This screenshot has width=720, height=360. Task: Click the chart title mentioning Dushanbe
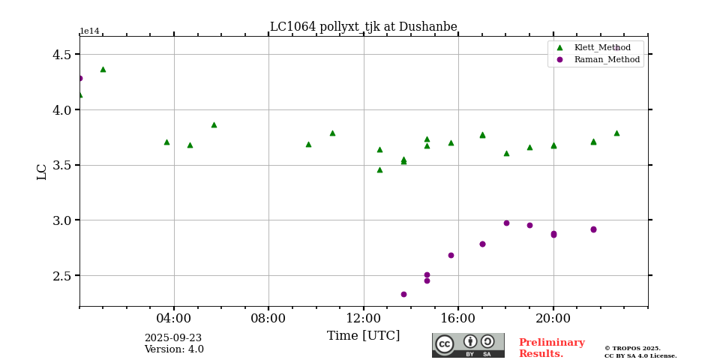pyautogui.click(x=363, y=27)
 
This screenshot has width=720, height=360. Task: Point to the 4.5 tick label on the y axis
pyautogui.click(x=62, y=55)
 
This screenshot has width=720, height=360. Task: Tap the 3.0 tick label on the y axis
pyautogui.click(x=62, y=220)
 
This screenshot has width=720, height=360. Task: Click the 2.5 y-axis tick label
pyautogui.click(x=62, y=276)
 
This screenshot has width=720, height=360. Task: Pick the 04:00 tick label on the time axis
pyautogui.click(x=174, y=318)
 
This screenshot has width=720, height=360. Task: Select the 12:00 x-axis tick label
pyautogui.click(x=364, y=318)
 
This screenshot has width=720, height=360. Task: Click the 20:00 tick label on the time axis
pyautogui.click(x=553, y=318)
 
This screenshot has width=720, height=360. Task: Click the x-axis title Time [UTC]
pyautogui.click(x=363, y=336)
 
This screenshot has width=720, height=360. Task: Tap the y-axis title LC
pyautogui.click(x=42, y=172)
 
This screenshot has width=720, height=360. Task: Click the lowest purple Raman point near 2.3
pyautogui.click(x=403, y=294)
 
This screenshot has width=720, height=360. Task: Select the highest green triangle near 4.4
pyautogui.click(x=103, y=69)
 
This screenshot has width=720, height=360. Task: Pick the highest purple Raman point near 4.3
pyautogui.click(x=79, y=78)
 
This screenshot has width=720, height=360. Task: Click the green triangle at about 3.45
pyautogui.click(x=379, y=169)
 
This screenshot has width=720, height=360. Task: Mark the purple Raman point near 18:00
pyautogui.click(x=506, y=223)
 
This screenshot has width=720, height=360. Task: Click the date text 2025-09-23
pyautogui.click(x=172, y=338)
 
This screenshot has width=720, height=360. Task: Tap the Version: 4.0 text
pyautogui.click(x=174, y=349)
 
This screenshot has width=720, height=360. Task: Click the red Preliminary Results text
pyautogui.click(x=551, y=348)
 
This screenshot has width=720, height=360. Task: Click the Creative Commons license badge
pyautogui.click(x=468, y=345)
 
